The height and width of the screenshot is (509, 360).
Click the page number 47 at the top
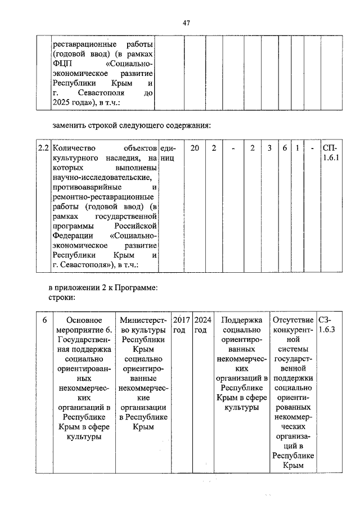(186, 23)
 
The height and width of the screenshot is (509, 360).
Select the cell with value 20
(194, 148)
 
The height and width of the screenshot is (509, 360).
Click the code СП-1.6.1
(330, 153)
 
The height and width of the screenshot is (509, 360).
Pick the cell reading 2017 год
(180, 325)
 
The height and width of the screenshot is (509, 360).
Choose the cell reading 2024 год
(201, 325)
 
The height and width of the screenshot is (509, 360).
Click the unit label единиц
(169, 153)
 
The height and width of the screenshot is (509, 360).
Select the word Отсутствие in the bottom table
(292, 320)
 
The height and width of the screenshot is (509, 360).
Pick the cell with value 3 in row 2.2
(269, 148)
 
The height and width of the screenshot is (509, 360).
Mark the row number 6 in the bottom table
(43, 320)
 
